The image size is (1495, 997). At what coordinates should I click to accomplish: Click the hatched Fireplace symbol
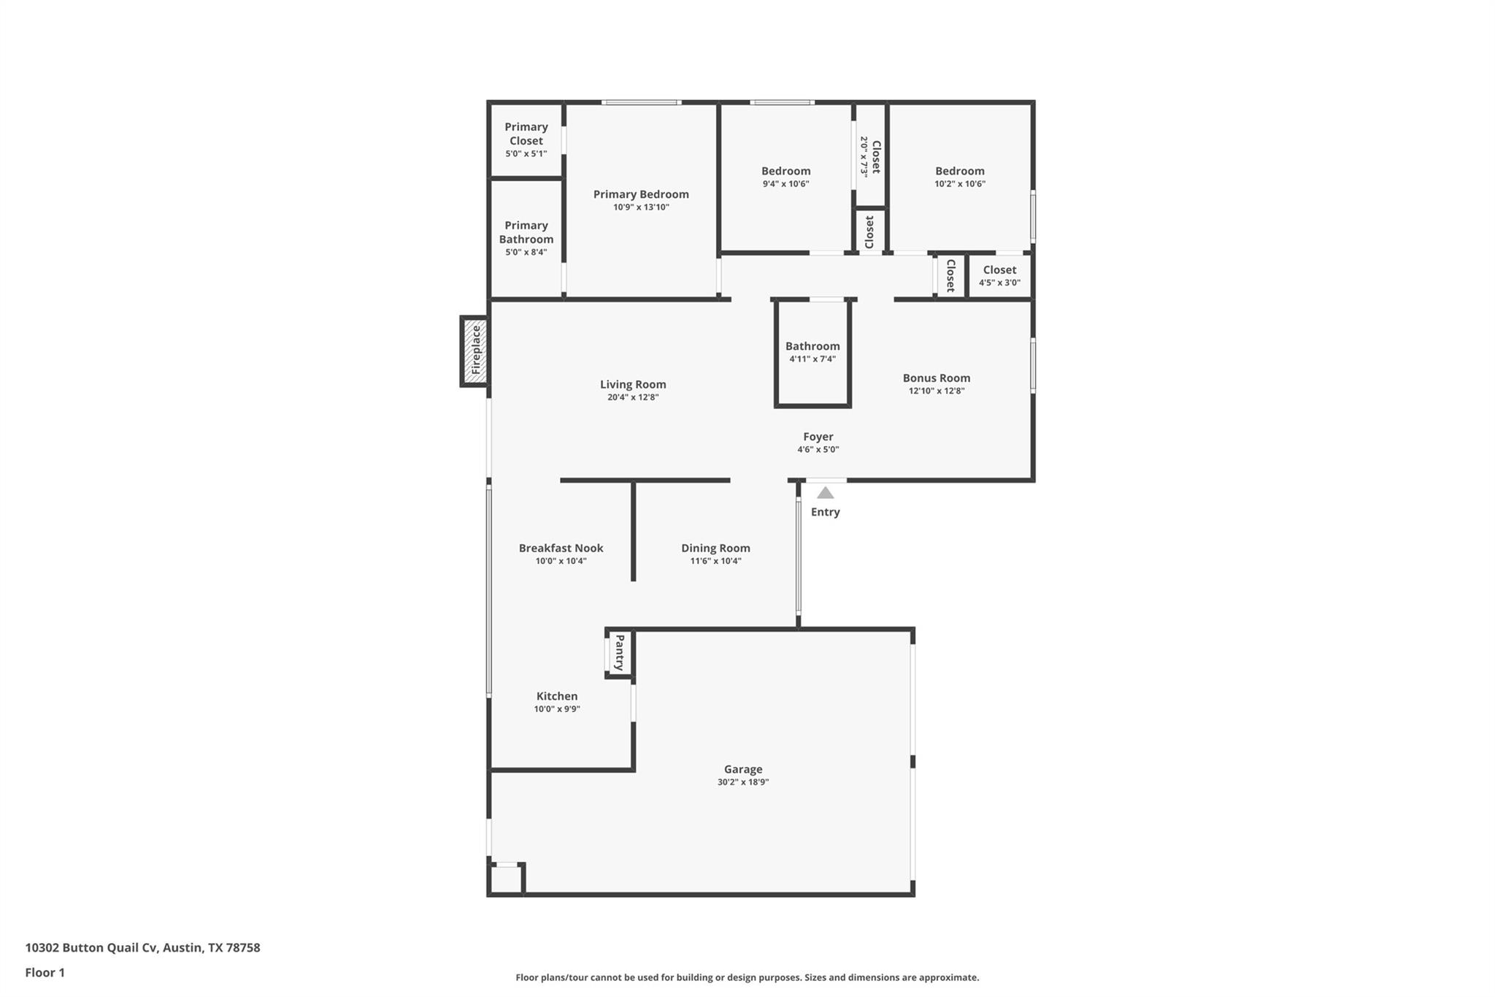(x=474, y=351)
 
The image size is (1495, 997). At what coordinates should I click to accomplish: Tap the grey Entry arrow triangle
(x=825, y=493)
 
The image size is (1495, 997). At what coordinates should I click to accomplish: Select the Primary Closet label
(x=526, y=134)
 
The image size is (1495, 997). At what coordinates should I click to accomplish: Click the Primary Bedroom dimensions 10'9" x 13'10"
(x=641, y=207)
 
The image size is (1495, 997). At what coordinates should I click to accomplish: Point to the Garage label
(x=743, y=769)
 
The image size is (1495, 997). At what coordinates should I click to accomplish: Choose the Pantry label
(x=620, y=653)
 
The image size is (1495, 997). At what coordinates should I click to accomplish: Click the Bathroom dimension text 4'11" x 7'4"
(x=812, y=359)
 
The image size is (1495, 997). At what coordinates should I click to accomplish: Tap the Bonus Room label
(x=936, y=378)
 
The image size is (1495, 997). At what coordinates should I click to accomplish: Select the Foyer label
(x=818, y=437)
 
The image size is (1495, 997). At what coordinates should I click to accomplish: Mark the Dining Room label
(x=715, y=548)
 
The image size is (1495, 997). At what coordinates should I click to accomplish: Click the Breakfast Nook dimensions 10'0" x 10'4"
(x=561, y=561)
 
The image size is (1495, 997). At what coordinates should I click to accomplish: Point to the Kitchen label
(x=557, y=696)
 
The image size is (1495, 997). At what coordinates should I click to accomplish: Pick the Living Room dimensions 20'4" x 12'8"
(x=633, y=397)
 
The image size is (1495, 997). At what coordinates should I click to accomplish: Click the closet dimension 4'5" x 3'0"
(x=999, y=283)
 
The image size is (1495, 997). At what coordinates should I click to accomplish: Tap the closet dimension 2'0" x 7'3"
(x=864, y=156)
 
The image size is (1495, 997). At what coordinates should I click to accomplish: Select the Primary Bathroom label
(x=526, y=232)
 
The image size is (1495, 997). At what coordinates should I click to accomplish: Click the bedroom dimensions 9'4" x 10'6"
(x=785, y=184)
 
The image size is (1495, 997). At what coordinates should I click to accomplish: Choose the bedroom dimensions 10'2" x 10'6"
(x=960, y=184)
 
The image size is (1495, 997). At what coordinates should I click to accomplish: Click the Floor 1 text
(x=45, y=972)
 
